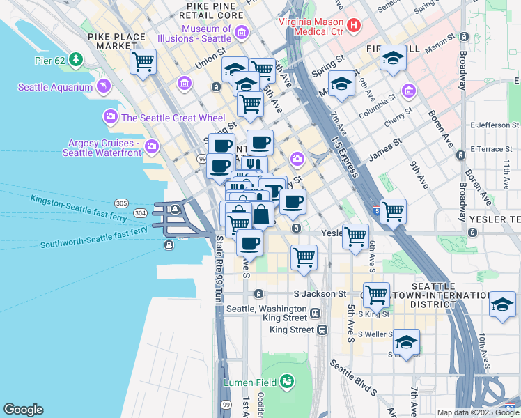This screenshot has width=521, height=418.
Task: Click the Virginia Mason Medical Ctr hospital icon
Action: [x=354, y=26]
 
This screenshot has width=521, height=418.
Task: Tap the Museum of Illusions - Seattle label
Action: [x=206, y=33]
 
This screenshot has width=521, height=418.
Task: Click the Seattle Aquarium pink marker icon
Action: [x=103, y=86]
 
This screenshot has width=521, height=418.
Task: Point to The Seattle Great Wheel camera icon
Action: [x=110, y=117]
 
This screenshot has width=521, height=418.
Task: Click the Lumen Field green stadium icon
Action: [x=286, y=381]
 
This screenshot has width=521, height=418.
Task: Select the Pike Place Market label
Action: [x=117, y=41]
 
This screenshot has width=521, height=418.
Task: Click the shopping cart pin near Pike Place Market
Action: [x=143, y=61]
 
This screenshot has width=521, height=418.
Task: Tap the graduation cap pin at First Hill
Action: [x=393, y=59]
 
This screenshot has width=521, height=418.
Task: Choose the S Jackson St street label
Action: [x=320, y=294]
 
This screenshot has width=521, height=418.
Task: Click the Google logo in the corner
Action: [x=24, y=409]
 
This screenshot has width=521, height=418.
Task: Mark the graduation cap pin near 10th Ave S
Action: [x=502, y=305]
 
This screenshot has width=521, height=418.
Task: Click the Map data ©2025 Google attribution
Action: [x=477, y=412]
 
